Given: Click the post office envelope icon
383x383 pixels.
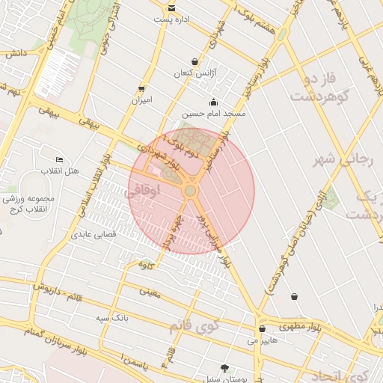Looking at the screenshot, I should coord(172,8).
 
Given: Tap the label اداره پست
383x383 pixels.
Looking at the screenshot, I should coord(172,19).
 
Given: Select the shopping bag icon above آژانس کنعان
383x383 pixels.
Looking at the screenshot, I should coord(195,61).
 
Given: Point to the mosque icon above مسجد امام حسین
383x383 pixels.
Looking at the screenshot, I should coord(213,102).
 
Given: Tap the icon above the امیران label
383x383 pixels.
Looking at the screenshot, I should coord(141,89).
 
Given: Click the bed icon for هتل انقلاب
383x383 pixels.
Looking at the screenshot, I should coord(60,160).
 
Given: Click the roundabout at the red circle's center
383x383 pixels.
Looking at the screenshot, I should coord(191,191).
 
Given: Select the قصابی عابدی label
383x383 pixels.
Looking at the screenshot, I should coord(91,235).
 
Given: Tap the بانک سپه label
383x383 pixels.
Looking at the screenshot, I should coord(112,318).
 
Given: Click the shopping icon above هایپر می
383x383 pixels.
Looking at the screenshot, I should coord(262,329).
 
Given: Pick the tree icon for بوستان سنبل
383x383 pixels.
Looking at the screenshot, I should coord(224,368).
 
